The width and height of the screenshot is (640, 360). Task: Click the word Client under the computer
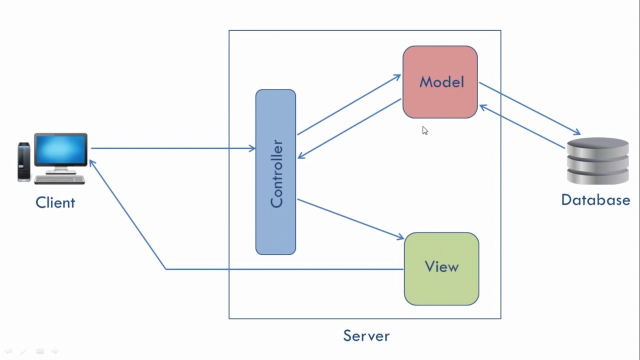click(x=55, y=202)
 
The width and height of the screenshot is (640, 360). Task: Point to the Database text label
click(x=595, y=200)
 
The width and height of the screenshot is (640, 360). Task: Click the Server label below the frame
click(x=366, y=335)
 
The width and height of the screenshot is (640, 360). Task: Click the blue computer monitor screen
click(x=61, y=151)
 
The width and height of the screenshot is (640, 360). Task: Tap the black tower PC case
click(x=23, y=161)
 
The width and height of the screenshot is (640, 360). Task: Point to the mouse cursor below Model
click(x=424, y=130)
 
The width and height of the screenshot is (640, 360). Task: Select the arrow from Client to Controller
click(x=170, y=148)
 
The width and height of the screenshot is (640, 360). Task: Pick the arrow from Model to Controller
click(x=350, y=128)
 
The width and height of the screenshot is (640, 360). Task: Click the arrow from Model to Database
click(x=530, y=109)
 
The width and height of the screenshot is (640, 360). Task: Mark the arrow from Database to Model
click(x=522, y=127)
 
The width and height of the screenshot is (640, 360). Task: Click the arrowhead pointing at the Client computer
click(x=92, y=163)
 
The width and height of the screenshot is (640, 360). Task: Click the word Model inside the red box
click(x=441, y=82)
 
